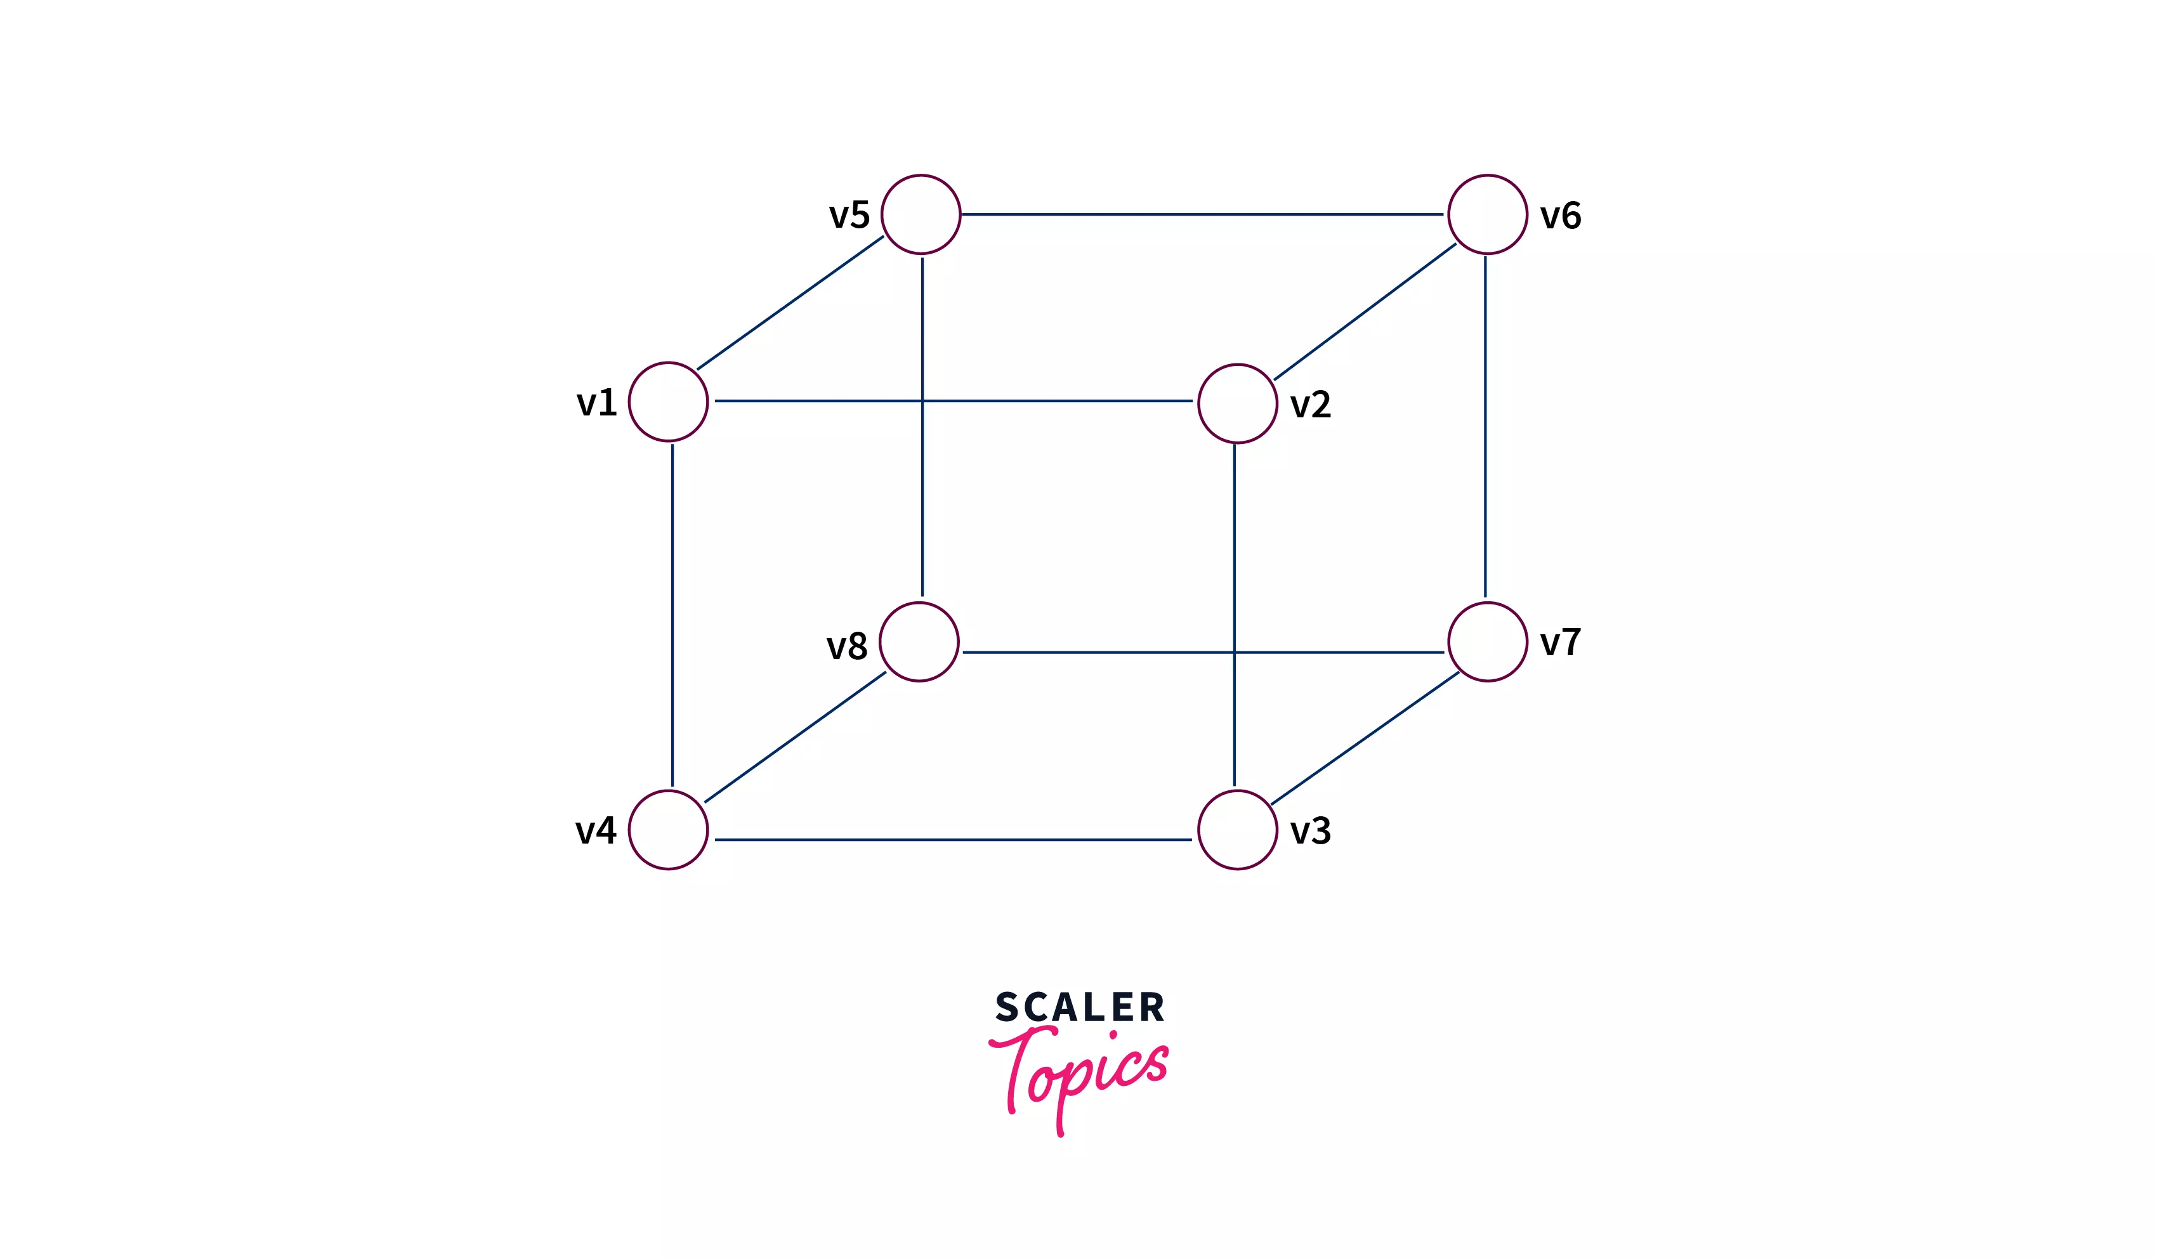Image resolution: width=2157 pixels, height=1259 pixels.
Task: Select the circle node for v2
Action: coord(1237,403)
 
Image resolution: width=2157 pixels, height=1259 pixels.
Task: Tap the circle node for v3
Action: coord(1237,830)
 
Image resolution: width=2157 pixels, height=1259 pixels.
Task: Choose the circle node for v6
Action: coord(1487,214)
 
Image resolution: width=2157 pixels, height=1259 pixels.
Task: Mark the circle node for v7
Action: coord(1487,641)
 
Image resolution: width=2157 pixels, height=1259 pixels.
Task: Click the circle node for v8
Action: coord(919,641)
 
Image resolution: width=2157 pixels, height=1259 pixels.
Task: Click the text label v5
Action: coord(849,215)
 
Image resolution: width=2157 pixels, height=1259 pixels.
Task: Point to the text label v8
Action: coord(846,646)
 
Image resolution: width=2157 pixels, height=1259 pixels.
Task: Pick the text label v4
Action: coord(596,830)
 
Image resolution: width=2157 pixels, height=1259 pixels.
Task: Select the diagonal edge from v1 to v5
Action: coord(789,303)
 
